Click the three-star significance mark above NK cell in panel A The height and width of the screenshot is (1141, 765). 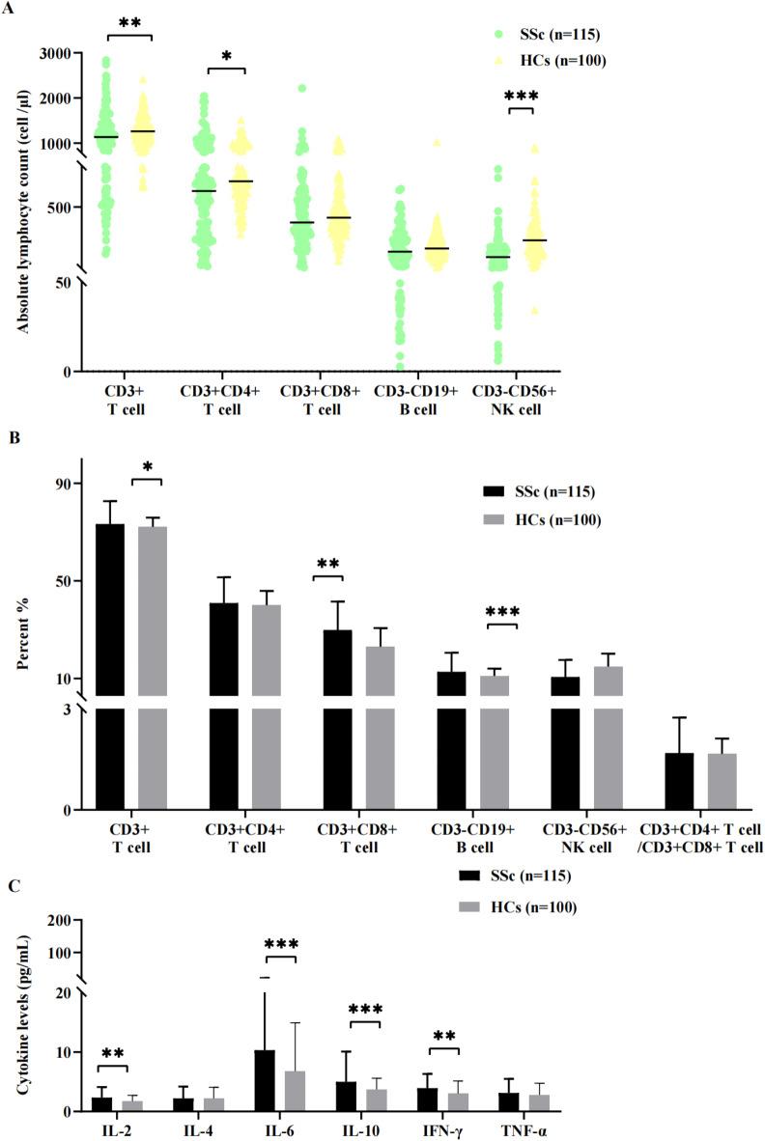521,96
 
